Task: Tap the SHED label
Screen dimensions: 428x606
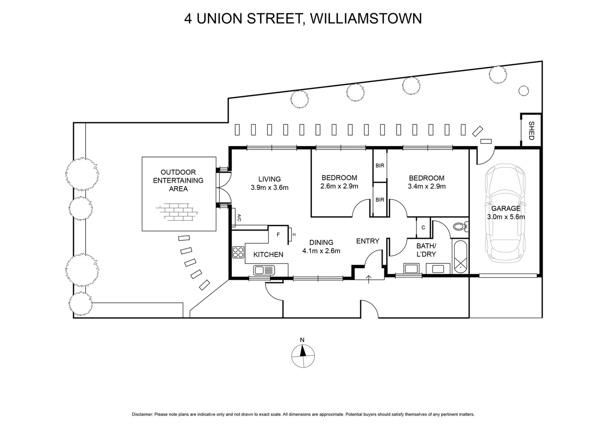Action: pyautogui.click(x=531, y=130)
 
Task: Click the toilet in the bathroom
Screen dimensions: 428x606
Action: pyautogui.click(x=460, y=227)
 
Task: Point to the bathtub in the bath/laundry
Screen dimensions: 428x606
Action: pyautogui.click(x=460, y=256)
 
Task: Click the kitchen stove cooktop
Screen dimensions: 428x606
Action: pyautogui.click(x=238, y=252)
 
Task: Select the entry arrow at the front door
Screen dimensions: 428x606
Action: pyautogui.click(x=369, y=279)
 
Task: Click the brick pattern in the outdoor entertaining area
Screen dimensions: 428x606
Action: pyautogui.click(x=179, y=212)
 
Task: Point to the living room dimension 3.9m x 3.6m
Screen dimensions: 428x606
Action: pyautogui.click(x=269, y=187)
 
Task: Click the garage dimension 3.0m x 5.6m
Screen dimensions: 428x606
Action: pyautogui.click(x=506, y=217)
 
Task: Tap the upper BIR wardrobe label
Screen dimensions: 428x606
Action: pyautogui.click(x=380, y=166)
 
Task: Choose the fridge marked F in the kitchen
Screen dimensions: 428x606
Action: pyautogui.click(x=278, y=235)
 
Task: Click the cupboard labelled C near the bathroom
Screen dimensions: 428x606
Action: pyautogui.click(x=423, y=227)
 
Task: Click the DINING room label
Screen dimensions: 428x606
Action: pyautogui.click(x=321, y=243)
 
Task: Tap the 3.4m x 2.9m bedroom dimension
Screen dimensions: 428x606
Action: pyautogui.click(x=426, y=186)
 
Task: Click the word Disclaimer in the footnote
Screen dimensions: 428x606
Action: pyautogui.click(x=142, y=415)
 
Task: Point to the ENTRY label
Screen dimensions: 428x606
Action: pyautogui.click(x=368, y=241)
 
